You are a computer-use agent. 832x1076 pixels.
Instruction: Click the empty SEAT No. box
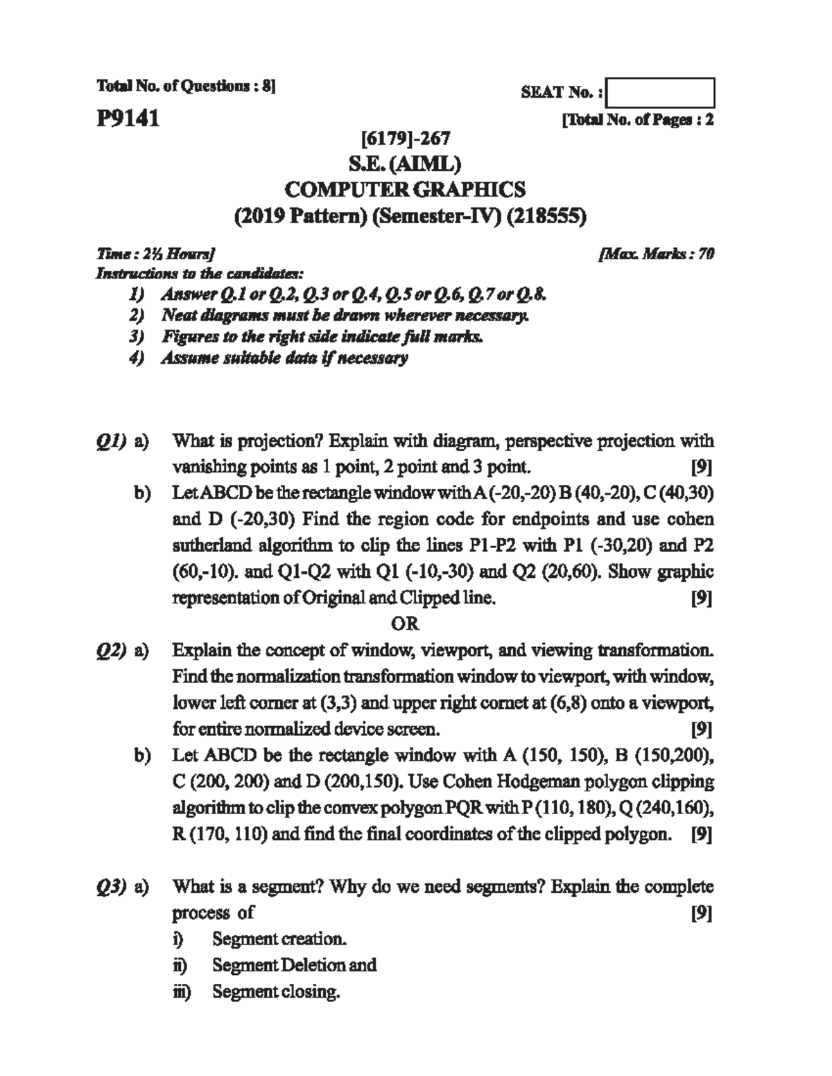[660, 94]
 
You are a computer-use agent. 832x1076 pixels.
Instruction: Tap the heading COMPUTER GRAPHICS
[406, 189]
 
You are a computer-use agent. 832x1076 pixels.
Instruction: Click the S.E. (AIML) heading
[406, 164]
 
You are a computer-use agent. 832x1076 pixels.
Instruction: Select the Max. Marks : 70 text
[656, 254]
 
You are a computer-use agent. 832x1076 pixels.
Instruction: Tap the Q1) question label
[110, 441]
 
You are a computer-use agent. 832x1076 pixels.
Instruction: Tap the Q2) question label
[110, 651]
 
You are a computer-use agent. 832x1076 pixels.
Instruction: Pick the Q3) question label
[110, 887]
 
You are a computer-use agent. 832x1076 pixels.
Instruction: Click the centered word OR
[405, 624]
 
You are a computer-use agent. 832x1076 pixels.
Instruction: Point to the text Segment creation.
[279, 939]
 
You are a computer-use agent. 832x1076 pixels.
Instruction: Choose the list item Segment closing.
[276, 991]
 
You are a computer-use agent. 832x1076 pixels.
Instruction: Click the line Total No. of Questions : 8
[186, 87]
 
